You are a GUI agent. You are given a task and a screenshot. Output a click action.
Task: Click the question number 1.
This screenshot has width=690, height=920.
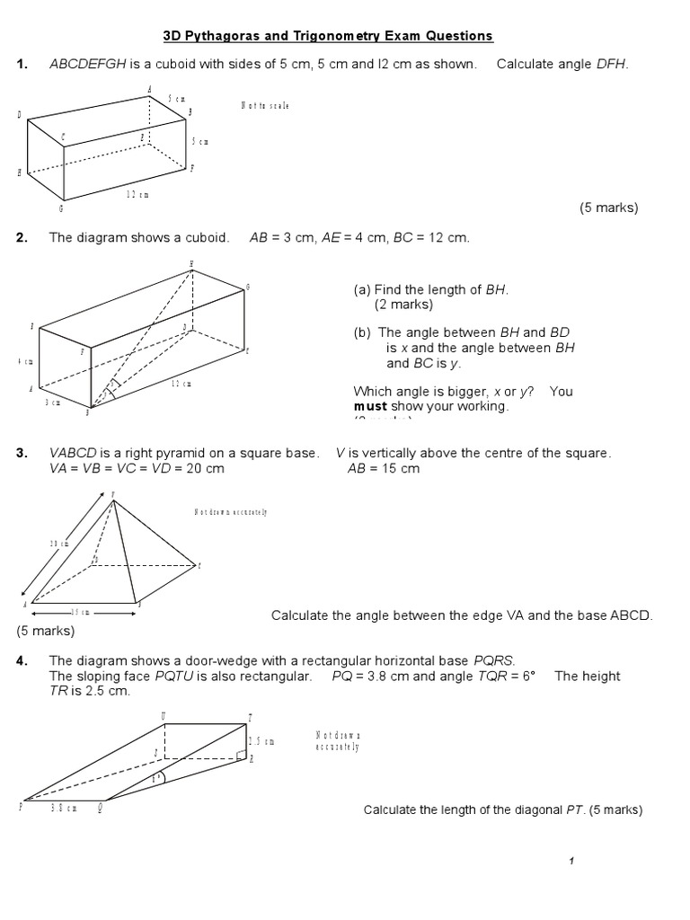22,64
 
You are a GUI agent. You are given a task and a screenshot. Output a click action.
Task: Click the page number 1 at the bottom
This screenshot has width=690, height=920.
571,862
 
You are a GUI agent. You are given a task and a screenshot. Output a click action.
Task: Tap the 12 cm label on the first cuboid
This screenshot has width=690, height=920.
137,193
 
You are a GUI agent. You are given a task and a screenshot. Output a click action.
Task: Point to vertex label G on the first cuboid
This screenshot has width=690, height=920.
61,208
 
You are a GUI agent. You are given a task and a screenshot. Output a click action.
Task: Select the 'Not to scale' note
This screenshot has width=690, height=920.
265,105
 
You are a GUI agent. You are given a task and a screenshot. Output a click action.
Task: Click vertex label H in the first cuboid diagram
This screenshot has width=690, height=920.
19,172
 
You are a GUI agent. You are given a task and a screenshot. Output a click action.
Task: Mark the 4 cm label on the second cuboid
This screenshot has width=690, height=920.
24,361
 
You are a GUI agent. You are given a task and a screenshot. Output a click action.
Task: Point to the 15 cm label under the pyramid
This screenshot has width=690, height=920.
80,612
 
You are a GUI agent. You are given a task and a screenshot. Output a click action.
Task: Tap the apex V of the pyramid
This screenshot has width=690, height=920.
112,495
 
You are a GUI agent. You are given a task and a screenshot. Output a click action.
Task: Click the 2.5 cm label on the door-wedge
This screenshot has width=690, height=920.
261,741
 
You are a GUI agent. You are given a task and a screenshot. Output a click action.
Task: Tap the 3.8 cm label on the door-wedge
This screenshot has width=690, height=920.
63,808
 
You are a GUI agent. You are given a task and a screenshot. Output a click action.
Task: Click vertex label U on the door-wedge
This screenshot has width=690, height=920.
163,716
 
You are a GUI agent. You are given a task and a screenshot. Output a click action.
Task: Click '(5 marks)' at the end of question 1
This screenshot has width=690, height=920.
608,208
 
